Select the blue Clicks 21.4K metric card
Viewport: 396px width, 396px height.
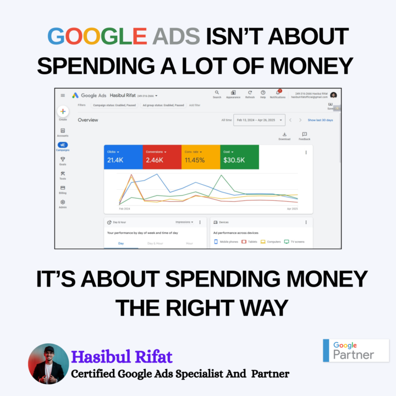(x=123, y=157)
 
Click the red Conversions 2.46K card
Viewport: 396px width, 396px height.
(x=161, y=157)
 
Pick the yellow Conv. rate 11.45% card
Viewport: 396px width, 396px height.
(x=200, y=157)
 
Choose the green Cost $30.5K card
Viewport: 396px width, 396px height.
(x=239, y=157)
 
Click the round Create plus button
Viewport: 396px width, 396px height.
(x=63, y=111)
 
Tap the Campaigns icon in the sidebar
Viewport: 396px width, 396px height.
(x=63, y=145)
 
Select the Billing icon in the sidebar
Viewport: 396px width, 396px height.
(x=63, y=188)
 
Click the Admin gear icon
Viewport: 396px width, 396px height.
(x=63, y=202)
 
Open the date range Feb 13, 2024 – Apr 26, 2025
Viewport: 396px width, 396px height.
(x=259, y=120)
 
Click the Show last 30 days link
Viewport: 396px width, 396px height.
(x=320, y=120)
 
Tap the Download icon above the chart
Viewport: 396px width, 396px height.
(x=284, y=134)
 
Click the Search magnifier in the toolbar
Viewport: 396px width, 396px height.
(x=217, y=93)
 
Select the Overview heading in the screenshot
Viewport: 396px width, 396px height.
(x=88, y=120)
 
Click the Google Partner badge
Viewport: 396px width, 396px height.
(x=355, y=350)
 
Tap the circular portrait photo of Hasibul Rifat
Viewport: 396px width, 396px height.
(x=48, y=364)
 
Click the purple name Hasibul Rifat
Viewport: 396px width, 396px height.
(x=122, y=357)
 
